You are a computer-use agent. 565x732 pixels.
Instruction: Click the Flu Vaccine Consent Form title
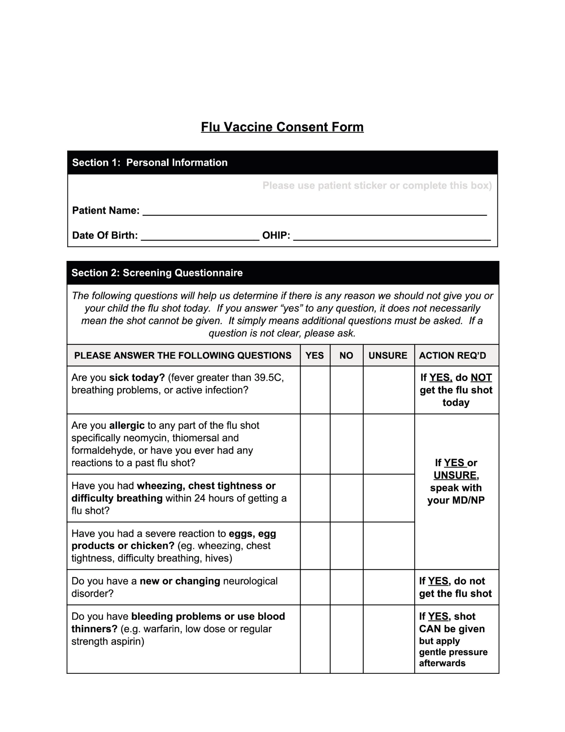282,127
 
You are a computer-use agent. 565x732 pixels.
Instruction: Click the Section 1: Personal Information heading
150,163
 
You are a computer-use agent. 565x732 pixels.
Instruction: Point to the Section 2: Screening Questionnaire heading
157,273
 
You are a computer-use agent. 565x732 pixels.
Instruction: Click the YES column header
315,355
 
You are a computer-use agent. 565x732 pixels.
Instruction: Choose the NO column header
346,355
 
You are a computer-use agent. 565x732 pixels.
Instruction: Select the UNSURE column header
388,355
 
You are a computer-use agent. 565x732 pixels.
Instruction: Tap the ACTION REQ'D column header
452,355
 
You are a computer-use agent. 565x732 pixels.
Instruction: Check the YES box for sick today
315,390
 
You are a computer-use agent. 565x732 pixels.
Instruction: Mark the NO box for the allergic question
346,444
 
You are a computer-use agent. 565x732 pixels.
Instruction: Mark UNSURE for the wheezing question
389,498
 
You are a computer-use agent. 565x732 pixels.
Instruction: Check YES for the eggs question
315,546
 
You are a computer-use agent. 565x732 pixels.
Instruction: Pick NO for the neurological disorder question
346,587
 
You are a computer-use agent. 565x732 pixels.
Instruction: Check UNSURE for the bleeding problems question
389,639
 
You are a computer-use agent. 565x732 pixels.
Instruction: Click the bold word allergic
127,425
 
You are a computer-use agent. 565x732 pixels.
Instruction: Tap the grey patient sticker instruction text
377,186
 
